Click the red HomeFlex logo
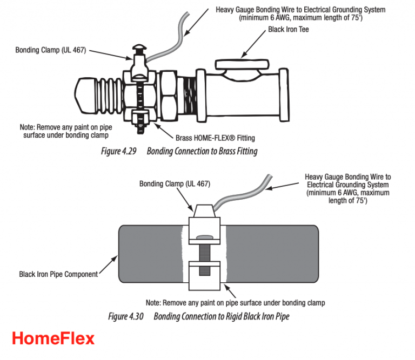53,338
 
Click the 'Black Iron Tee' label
289,30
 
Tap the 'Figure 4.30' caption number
125,316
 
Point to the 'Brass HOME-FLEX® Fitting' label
216,138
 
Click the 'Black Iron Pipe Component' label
58,274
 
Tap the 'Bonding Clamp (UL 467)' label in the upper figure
51,51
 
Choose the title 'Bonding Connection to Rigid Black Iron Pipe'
222,316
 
